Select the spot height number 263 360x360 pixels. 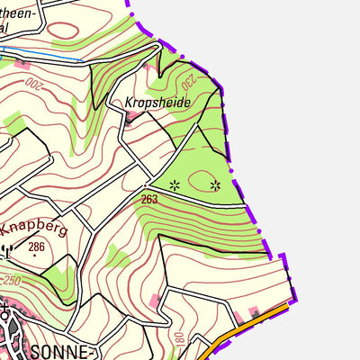point(149,198)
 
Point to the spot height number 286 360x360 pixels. point(36,246)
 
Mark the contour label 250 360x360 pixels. point(11,280)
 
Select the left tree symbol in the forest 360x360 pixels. point(175,185)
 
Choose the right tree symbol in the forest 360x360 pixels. point(215,185)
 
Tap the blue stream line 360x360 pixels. point(45,57)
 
